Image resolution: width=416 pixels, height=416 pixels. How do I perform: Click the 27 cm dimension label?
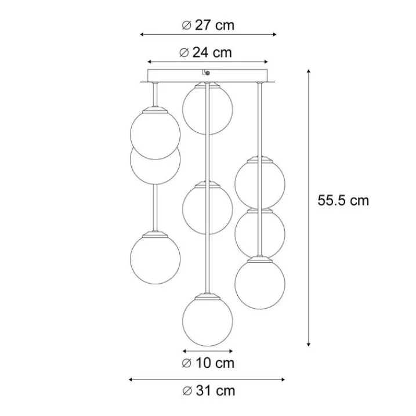pyautogui.click(x=208, y=26)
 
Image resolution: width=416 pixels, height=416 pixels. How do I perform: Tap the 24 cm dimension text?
pyautogui.click(x=205, y=53)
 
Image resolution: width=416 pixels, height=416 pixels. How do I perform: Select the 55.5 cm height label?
pyautogui.click(x=343, y=200)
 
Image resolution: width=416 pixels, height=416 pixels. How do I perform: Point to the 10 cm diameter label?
pyautogui.click(x=208, y=363)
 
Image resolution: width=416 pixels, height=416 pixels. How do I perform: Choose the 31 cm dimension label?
pyautogui.click(x=209, y=391)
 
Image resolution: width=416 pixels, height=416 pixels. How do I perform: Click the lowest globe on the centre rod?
pyautogui.click(x=208, y=321)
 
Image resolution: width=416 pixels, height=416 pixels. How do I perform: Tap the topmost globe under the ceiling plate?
pyautogui.click(x=208, y=109)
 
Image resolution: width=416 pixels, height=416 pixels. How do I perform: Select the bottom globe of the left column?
pyautogui.click(x=155, y=259)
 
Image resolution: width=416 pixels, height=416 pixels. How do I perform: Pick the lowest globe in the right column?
pyautogui.click(x=260, y=284)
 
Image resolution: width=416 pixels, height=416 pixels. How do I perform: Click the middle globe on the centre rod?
pyautogui.click(x=208, y=209)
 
